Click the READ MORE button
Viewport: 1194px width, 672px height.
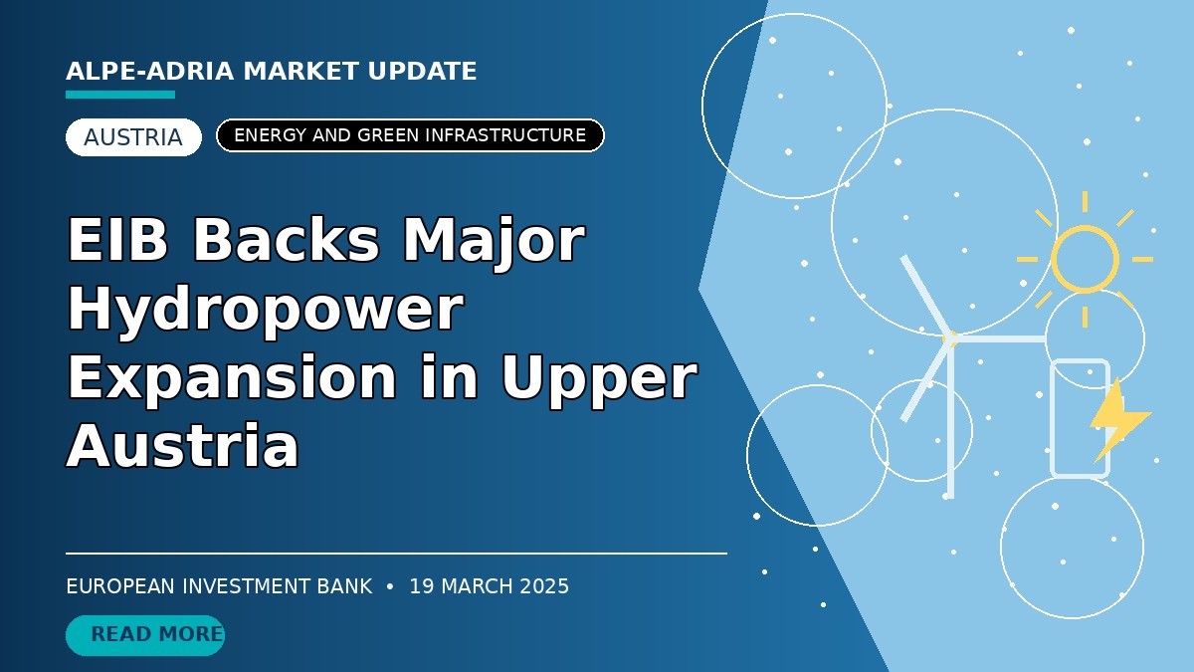(x=145, y=635)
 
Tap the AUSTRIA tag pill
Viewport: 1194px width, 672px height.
(x=133, y=137)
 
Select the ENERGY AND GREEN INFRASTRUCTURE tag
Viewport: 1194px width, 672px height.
(x=410, y=135)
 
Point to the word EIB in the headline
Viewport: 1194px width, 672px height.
(x=117, y=240)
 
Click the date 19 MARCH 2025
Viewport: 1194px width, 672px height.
(x=490, y=586)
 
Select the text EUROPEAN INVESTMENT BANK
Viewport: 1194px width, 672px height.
(x=219, y=586)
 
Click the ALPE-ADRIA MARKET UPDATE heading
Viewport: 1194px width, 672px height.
(x=272, y=72)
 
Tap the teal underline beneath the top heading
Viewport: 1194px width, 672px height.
(x=120, y=95)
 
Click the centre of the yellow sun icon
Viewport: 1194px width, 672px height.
(x=1085, y=259)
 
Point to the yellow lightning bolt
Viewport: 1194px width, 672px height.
(x=1116, y=421)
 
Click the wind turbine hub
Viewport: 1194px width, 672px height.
(x=949, y=338)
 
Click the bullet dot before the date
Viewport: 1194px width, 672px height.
(x=390, y=586)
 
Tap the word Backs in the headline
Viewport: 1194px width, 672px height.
(x=287, y=240)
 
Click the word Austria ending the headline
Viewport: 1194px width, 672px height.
(x=183, y=446)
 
